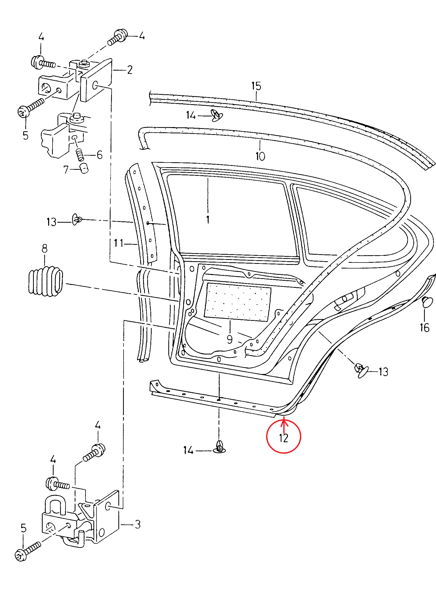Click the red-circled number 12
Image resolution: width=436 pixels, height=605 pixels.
coord(283,438)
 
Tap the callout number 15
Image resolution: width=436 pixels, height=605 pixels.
coord(256,86)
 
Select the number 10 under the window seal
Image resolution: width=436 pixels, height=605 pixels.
coord(260,156)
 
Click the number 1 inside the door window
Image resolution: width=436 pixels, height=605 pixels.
coord(208,220)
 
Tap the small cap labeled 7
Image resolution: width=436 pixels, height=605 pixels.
coord(84,169)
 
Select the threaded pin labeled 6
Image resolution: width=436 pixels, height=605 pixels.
coord(80,155)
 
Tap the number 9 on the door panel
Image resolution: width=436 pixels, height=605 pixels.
coord(229,339)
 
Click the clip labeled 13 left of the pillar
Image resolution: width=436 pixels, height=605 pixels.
coord(76,219)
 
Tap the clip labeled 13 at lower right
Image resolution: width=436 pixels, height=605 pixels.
coord(361,371)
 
